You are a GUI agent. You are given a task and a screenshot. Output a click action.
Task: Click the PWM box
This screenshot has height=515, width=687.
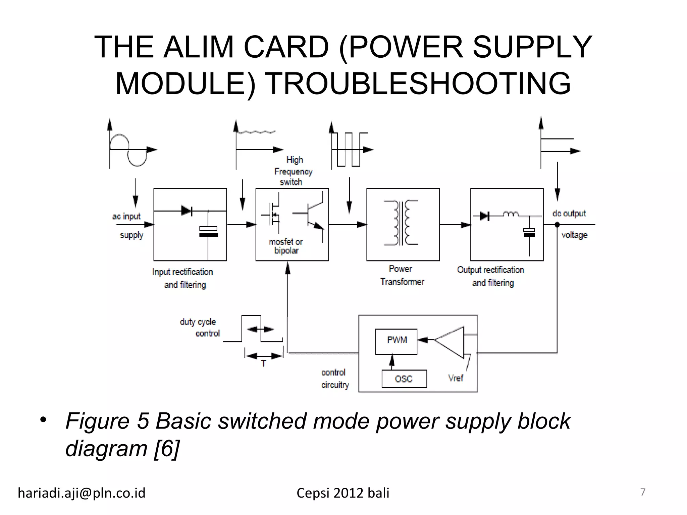coord(396,341)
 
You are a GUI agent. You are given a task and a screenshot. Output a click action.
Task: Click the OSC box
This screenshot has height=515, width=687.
coord(404,379)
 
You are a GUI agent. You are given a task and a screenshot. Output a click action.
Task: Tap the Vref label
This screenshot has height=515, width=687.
coord(456,378)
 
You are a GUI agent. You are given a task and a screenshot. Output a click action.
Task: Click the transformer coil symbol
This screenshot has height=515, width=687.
coord(401,223)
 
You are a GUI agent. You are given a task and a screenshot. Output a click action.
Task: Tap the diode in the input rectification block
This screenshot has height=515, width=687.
coord(187,211)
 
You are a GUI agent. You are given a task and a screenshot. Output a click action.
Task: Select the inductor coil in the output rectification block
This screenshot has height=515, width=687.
coord(510,214)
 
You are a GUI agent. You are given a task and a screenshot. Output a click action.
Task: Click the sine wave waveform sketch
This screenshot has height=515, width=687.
coord(129,150)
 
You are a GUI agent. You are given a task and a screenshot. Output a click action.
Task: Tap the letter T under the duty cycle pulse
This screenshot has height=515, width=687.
coord(264,363)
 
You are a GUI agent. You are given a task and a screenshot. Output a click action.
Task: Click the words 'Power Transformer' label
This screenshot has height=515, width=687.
coord(402,275)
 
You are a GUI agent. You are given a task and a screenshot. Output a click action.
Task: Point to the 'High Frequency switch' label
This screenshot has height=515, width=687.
coord(293,171)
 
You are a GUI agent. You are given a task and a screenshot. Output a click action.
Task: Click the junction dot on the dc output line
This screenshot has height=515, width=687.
coord(557,225)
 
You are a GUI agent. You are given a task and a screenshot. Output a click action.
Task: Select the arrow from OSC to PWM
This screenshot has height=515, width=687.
coord(391,361)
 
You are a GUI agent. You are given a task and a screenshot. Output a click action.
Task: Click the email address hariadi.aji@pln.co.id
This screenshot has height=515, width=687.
coord(82,493)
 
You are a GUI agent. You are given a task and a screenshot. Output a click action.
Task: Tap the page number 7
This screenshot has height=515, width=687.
coord(643,492)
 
